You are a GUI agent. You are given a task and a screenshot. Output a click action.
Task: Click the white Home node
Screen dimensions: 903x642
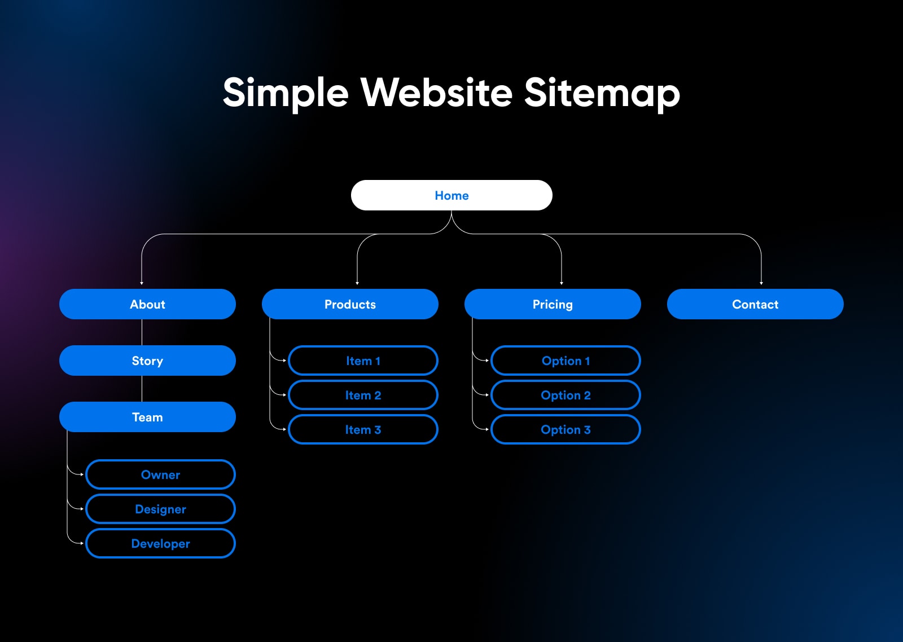click(x=451, y=195)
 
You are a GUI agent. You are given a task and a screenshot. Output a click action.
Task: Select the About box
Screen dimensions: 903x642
click(x=147, y=304)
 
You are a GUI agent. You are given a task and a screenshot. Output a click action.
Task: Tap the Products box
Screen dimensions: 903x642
click(x=350, y=304)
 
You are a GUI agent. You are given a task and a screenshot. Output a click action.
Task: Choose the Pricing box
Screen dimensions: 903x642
click(x=553, y=304)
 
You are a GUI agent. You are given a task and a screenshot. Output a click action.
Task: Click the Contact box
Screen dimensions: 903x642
click(x=755, y=304)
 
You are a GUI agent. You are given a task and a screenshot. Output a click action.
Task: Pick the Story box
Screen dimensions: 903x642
click(x=147, y=360)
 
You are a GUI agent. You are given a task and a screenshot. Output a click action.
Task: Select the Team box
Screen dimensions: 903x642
click(x=147, y=417)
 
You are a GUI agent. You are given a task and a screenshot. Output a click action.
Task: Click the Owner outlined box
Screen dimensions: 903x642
click(x=160, y=474)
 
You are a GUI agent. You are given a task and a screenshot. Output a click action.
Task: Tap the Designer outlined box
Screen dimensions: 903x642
click(x=160, y=509)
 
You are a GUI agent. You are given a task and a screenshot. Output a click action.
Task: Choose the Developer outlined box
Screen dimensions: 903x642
click(x=160, y=543)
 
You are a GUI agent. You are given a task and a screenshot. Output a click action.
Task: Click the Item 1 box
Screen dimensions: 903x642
click(x=363, y=360)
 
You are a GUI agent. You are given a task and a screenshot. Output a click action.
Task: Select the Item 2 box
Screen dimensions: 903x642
click(x=363, y=395)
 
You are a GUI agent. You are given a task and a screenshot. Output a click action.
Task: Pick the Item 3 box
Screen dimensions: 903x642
click(x=363, y=429)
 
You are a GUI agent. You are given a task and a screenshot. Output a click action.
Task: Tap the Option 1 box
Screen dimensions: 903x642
click(x=566, y=360)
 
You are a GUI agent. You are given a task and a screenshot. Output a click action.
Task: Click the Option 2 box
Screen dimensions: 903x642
click(x=566, y=395)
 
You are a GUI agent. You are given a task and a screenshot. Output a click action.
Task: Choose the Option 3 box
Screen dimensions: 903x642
click(x=566, y=429)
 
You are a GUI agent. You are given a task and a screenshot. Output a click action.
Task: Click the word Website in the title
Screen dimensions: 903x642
click(x=436, y=93)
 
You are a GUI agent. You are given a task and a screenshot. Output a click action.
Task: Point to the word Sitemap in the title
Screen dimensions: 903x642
click(x=602, y=94)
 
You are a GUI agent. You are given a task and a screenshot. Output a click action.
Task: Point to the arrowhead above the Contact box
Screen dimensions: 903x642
click(x=761, y=283)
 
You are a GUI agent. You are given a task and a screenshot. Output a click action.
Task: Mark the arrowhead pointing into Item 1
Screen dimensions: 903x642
click(x=284, y=360)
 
